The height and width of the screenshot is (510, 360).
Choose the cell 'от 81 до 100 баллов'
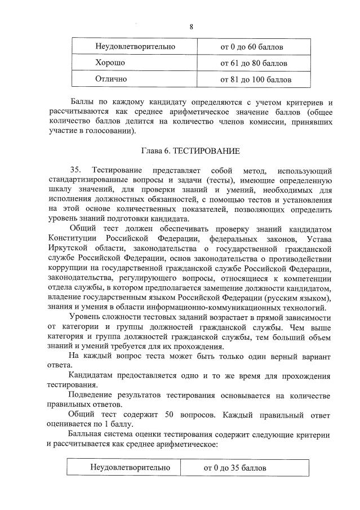point(256,79)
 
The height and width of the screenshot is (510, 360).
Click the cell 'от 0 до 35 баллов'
point(235,468)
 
